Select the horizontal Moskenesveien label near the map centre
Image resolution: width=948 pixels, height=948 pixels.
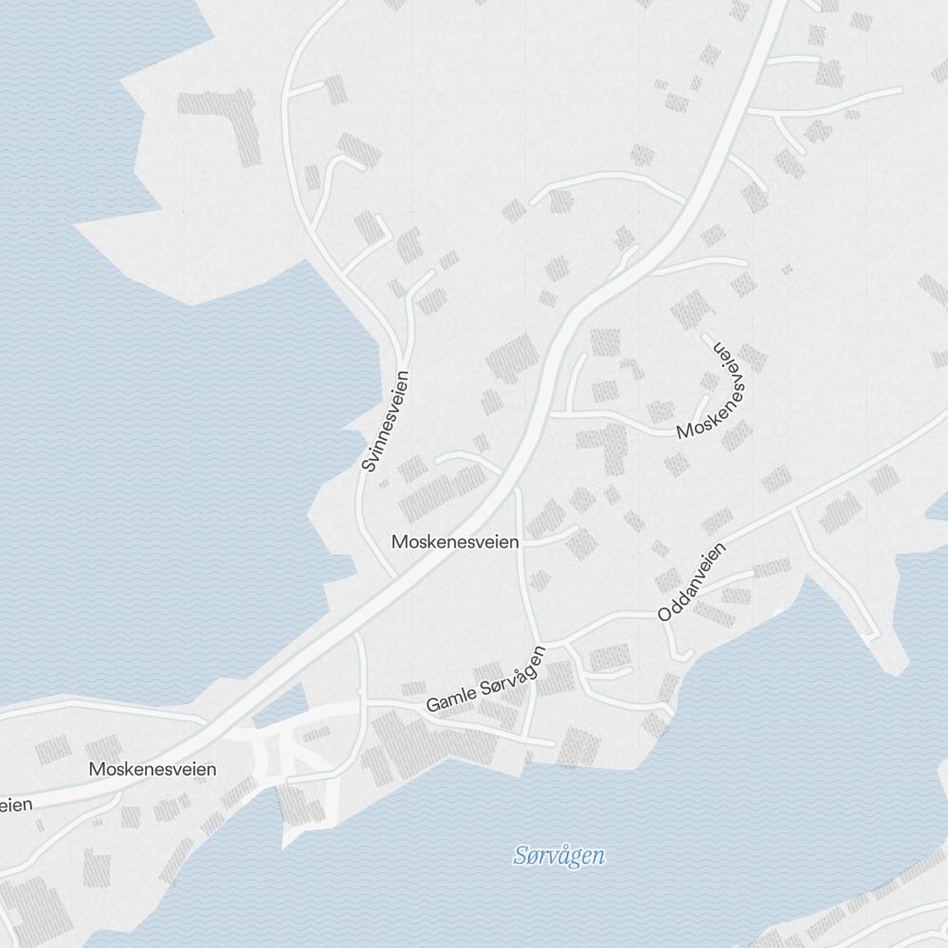[455, 542]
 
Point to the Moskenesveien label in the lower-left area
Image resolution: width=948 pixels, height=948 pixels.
[152, 769]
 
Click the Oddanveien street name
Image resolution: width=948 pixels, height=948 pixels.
[691, 582]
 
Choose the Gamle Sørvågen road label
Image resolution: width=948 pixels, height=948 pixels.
[486, 680]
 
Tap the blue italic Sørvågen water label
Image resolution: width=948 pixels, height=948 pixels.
[559, 856]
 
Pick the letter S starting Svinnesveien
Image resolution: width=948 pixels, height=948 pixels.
[369, 465]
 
